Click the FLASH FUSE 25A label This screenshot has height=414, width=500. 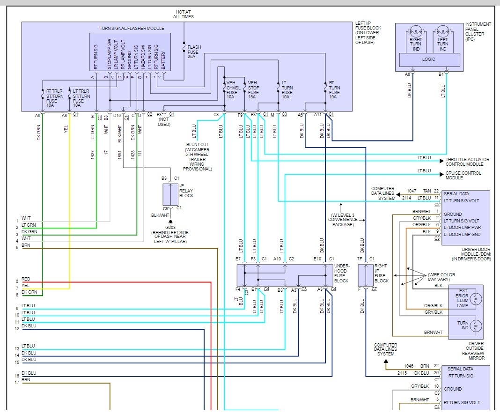[x=194, y=51]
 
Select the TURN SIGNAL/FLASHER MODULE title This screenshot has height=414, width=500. [x=132, y=29]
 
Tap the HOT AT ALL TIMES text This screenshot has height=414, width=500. [x=184, y=14]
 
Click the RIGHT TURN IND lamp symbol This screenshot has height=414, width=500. [x=416, y=33]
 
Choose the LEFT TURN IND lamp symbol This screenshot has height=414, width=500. [x=442, y=33]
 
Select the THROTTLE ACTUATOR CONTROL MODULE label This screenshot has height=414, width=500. [x=467, y=162]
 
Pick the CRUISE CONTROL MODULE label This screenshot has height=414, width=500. [x=463, y=176]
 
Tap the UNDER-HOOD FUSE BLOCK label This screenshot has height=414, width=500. [x=345, y=273]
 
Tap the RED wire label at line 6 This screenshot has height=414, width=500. [x=26, y=279]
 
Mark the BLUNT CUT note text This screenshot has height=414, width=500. [x=199, y=156]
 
